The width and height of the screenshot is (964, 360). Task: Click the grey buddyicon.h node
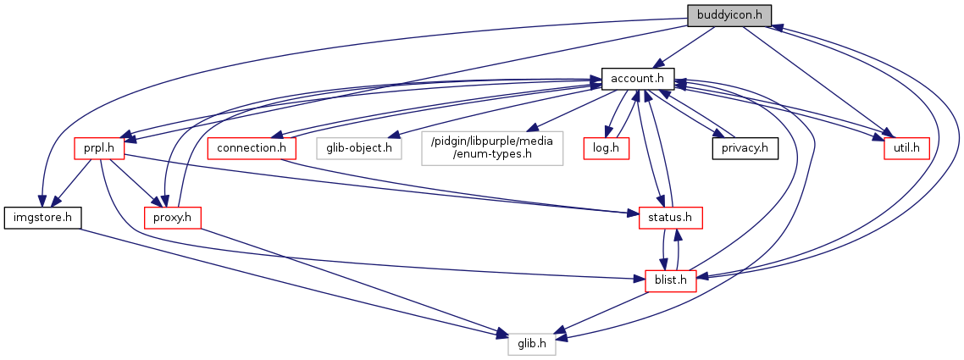tap(729, 14)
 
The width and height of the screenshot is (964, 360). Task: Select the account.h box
tap(637, 79)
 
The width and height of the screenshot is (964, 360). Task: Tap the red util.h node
tap(906, 148)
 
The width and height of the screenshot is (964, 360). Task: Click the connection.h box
tap(252, 148)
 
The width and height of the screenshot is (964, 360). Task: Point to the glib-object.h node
tap(359, 148)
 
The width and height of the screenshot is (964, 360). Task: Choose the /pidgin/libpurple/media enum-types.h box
tap(491, 148)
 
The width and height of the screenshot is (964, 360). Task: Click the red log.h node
tap(603, 148)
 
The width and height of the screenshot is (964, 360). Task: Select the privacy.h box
tap(745, 148)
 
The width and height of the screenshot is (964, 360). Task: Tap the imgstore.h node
tap(41, 218)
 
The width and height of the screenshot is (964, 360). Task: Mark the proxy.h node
tap(171, 218)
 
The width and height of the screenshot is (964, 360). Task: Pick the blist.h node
tap(670, 279)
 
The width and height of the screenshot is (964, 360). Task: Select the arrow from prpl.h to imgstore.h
tap(72, 183)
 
